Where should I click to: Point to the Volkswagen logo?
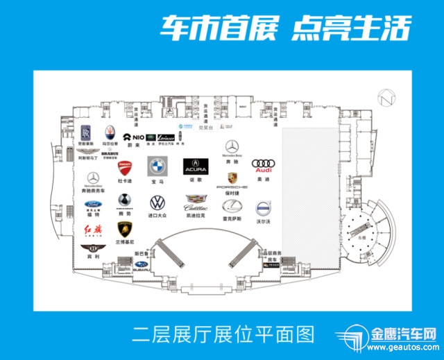coord(157,203)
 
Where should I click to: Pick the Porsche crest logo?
coord(232,178)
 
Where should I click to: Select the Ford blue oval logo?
coord(94,205)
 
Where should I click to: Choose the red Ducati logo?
coord(124,169)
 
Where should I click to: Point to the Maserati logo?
coord(110,132)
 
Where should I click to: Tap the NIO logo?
coord(135,137)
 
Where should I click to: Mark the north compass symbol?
coord(385,97)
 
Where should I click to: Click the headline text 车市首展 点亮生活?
coord(285,28)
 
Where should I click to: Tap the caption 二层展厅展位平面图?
coord(223,335)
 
